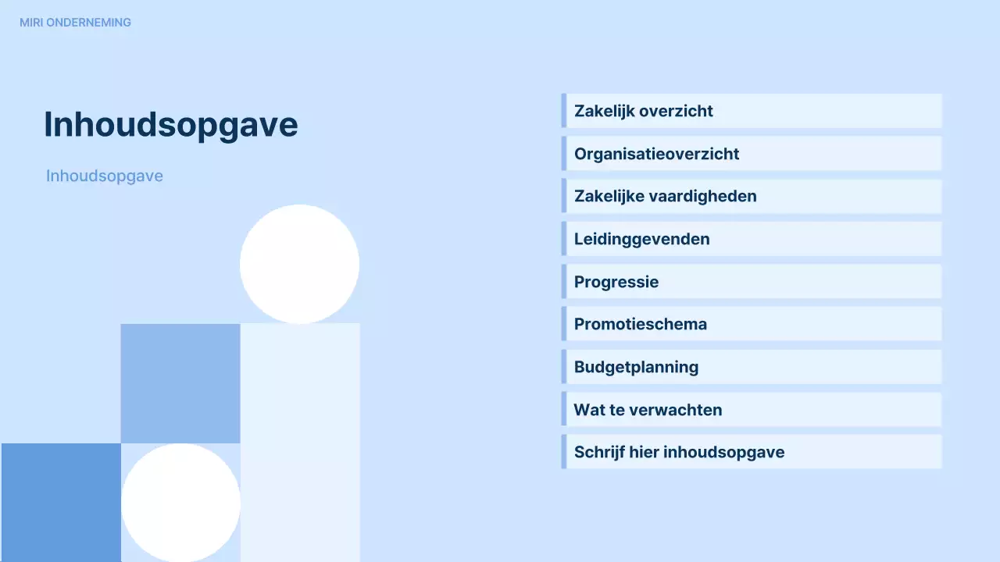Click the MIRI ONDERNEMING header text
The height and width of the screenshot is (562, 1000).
coord(75,23)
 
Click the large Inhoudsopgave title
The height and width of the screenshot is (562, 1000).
coord(170,124)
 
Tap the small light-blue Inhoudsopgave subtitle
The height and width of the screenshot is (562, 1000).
coord(105,176)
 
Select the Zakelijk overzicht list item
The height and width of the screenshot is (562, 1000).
coord(643,111)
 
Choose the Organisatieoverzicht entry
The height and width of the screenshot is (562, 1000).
coord(656,154)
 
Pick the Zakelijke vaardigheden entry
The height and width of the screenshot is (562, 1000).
coord(665,196)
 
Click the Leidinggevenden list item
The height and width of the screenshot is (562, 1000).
coord(641,239)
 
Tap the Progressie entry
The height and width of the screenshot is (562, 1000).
coord(616,282)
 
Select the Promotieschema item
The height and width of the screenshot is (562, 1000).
coord(640,324)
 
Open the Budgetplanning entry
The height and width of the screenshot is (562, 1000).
coord(636,367)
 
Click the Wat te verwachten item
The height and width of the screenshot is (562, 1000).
coord(648,410)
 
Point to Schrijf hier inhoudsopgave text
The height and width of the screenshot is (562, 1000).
coord(679,452)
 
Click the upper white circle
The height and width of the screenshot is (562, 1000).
coord(299,264)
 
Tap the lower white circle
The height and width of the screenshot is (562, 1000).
coord(180,503)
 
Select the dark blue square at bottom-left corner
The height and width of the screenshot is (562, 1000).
coord(61,503)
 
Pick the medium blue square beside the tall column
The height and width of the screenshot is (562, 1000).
coord(180,383)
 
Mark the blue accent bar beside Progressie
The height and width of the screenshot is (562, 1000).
coord(563,282)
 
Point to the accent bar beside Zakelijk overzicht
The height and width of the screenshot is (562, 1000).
coord(563,111)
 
